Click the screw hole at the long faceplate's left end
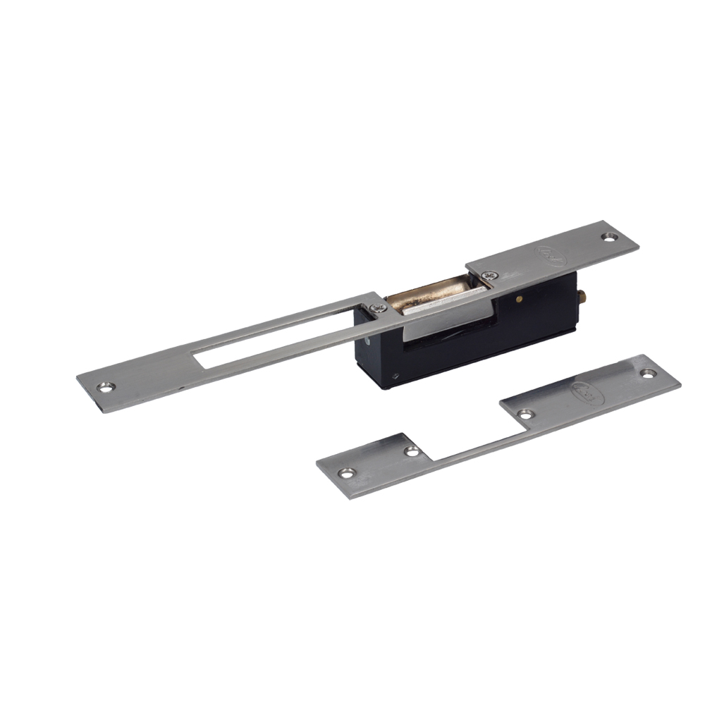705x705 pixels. (107, 386)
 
